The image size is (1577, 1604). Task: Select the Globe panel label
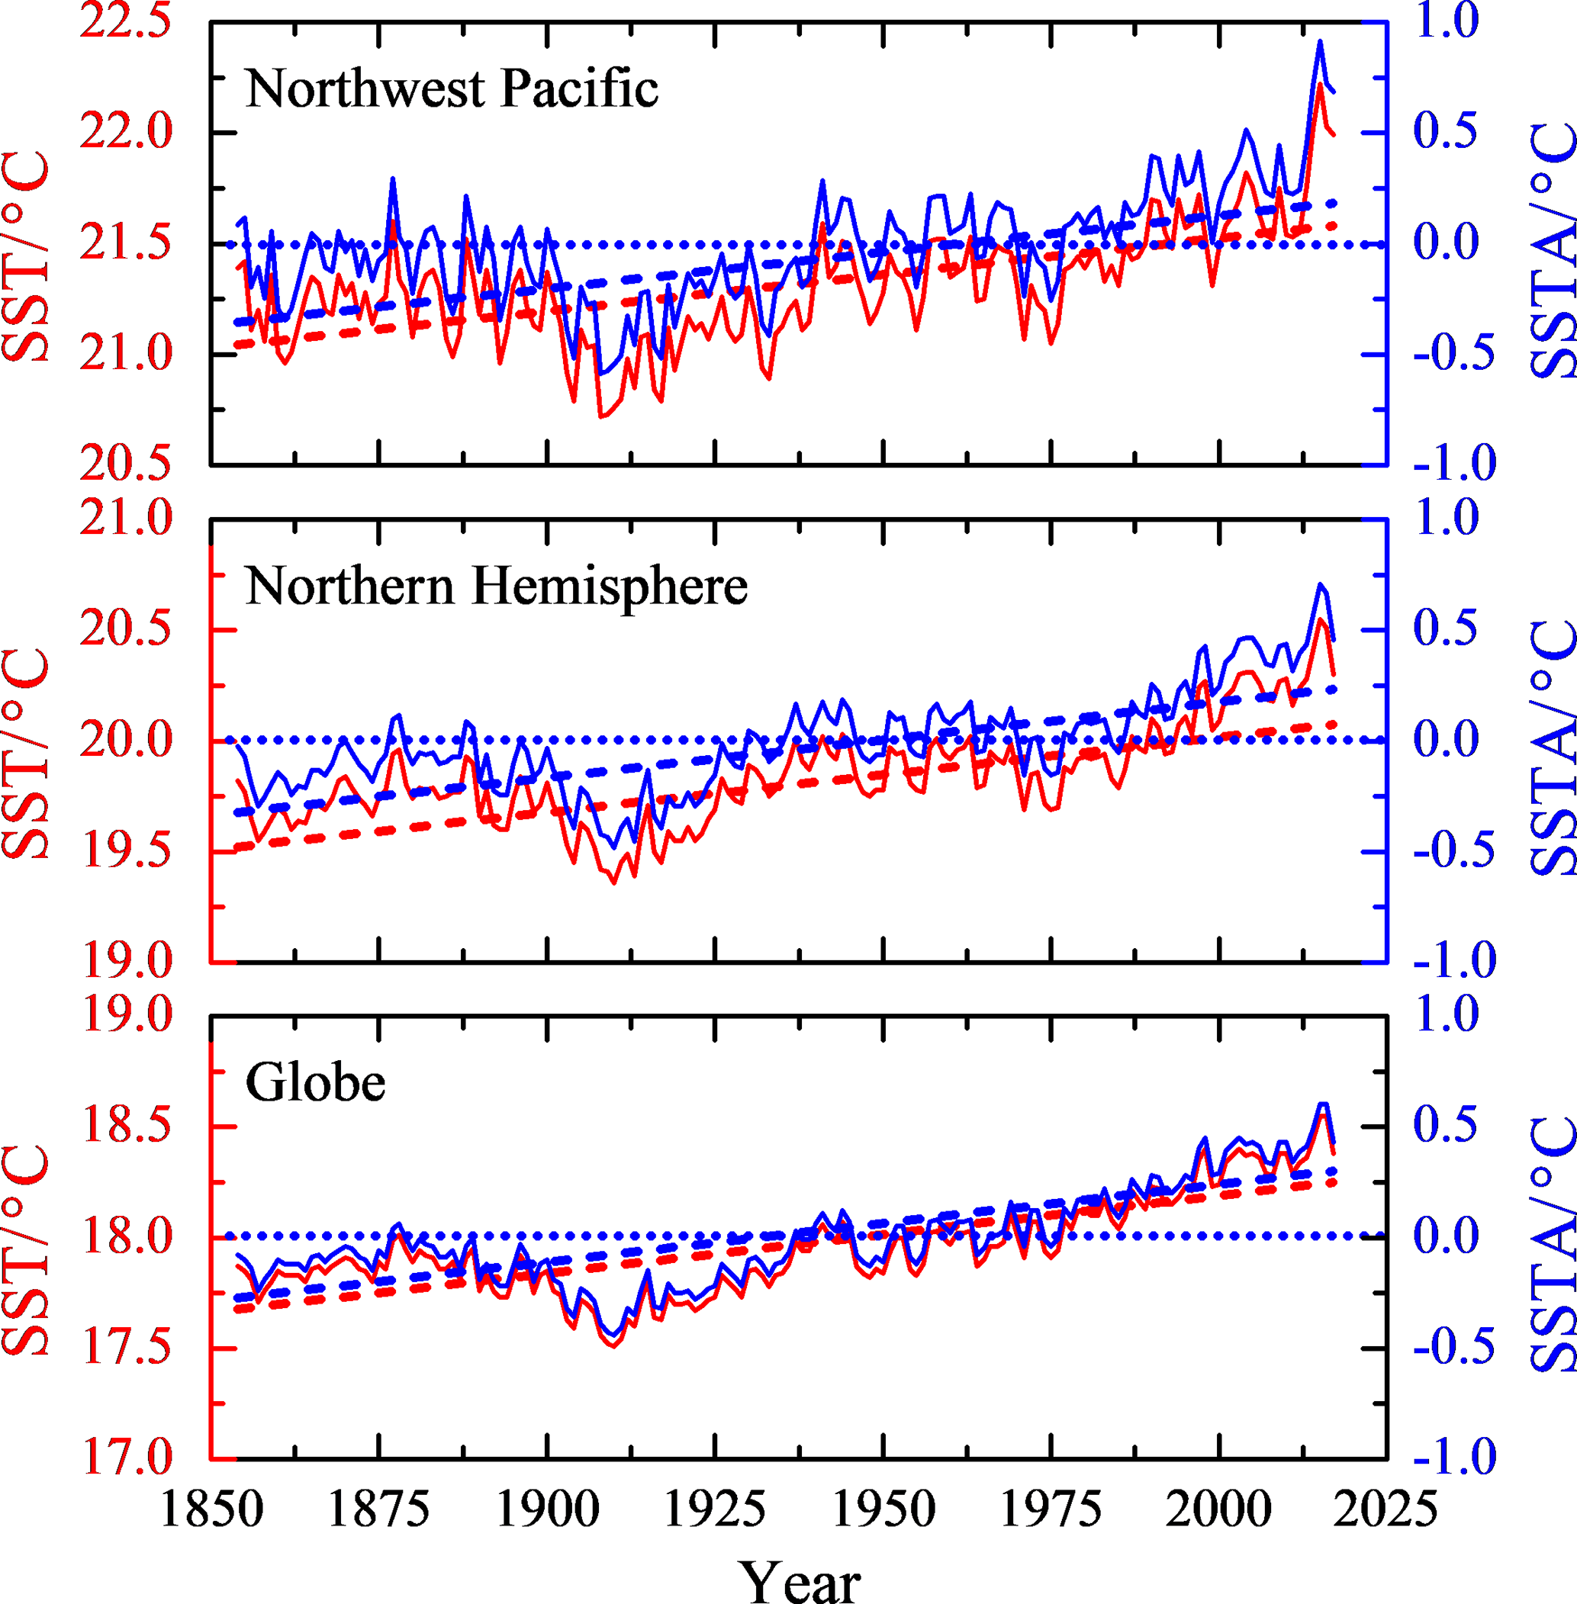[x=316, y=1082]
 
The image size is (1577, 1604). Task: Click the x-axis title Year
[x=800, y=1583]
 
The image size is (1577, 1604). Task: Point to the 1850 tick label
[x=211, y=1509]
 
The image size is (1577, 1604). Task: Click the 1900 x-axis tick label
[x=547, y=1509]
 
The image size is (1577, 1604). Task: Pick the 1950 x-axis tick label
[x=883, y=1509]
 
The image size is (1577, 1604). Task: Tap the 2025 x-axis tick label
[x=1385, y=1509]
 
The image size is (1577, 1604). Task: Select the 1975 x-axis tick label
[x=1051, y=1509]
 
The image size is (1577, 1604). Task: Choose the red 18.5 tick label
[x=126, y=1127]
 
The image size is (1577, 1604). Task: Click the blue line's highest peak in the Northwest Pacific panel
[x=1319, y=40]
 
